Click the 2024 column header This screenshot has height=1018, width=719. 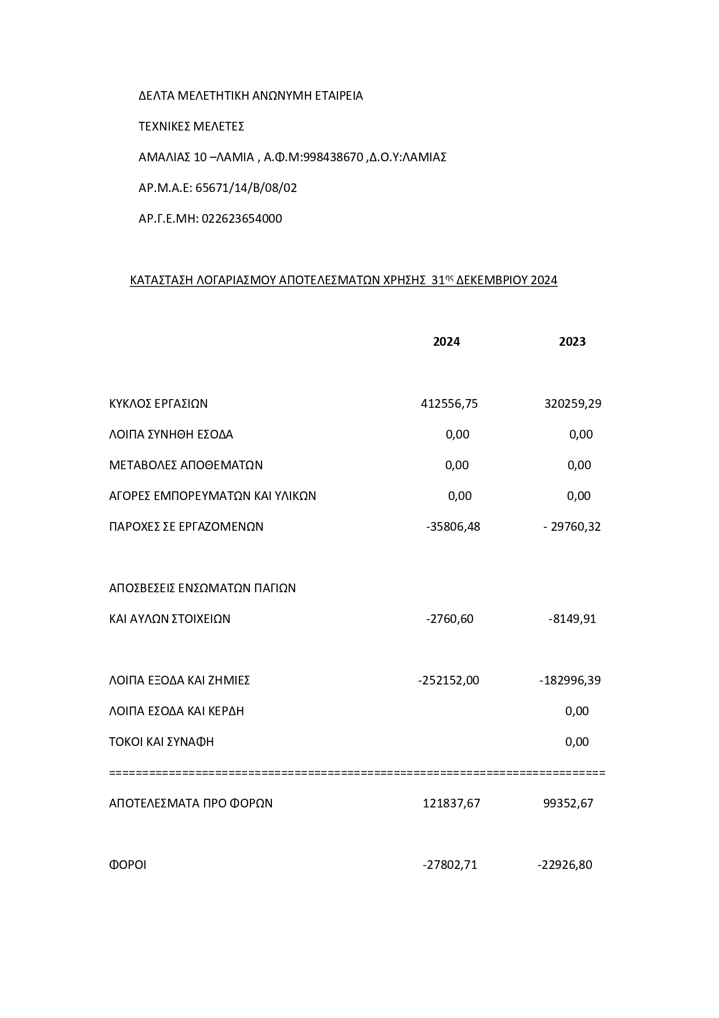tap(446, 342)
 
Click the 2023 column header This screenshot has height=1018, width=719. tap(572, 342)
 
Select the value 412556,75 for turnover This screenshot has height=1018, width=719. tap(449, 404)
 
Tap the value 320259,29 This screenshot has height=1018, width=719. tap(572, 404)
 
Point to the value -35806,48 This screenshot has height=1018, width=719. tap(453, 527)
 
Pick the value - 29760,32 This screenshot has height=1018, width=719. tap(572, 527)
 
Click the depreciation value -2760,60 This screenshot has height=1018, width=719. tap(449, 619)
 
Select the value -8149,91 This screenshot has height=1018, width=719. tap(572, 619)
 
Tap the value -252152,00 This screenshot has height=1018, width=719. tap(448, 680)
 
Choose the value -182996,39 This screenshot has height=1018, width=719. tap(569, 680)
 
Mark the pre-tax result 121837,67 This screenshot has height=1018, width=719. tap(451, 803)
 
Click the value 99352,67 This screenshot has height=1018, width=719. tap(568, 803)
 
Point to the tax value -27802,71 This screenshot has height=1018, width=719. tap(449, 865)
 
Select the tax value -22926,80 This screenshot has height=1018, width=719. tap(565, 865)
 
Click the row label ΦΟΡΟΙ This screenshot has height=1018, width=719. tap(128, 865)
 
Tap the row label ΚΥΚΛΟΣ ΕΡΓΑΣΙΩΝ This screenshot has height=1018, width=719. tap(158, 404)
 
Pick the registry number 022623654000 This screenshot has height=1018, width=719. tap(242, 219)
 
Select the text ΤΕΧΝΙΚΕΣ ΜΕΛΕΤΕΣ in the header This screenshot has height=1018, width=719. tap(191, 126)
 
